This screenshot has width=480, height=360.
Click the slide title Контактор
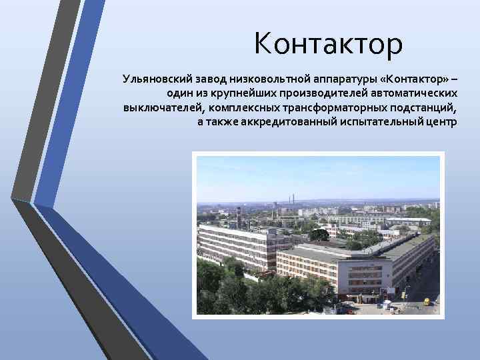tap(328, 45)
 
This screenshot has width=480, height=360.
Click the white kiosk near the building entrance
tap(385, 303)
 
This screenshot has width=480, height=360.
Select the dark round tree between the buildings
tap(319, 235)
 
